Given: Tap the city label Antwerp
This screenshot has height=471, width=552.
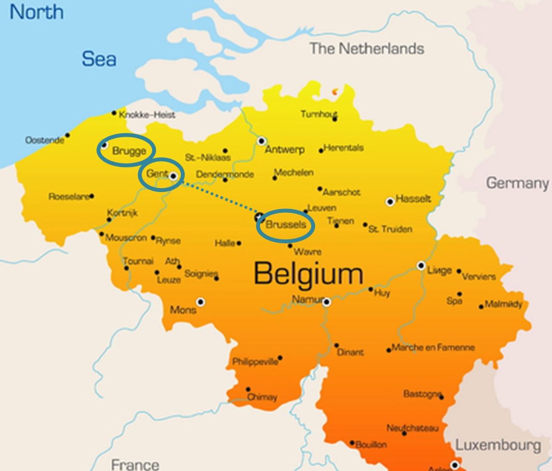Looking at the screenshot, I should pos(285,149).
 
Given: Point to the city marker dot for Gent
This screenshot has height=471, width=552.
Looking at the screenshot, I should pos(173,176).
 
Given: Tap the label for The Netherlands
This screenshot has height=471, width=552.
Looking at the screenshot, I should pos(366,48).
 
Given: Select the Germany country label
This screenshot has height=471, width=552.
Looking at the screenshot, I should pos(517,183).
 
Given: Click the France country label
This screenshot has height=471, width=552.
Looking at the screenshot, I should pos(135,464).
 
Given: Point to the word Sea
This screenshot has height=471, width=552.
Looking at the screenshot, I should pos(99,59).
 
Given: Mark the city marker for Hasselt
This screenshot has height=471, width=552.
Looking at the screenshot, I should pos(390,202).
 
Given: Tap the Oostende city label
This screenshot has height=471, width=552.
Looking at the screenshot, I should pos(44,140).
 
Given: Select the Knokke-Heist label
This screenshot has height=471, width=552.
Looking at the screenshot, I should pos(147,115).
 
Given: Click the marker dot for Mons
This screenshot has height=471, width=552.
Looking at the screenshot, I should pos(200,302).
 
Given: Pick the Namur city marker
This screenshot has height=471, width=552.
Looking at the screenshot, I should pos(326,302).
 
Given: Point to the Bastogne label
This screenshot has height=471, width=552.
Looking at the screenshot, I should pos(422,394).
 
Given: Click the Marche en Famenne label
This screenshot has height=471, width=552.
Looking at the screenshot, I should pos(433,348).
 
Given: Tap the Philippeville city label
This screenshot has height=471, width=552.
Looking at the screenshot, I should pos(255,362).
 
